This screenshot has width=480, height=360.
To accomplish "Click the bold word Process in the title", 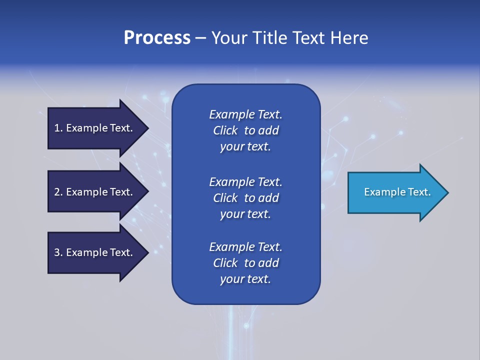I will click(x=157, y=38).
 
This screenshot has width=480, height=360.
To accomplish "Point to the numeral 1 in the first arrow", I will click(x=57, y=128).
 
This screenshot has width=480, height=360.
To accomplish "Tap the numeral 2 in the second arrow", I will click(x=57, y=192).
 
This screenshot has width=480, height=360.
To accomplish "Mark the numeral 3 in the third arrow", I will click(x=57, y=252).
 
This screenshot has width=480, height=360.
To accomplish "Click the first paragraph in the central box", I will click(x=245, y=130).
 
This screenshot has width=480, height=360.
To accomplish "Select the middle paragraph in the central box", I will click(x=245, y=198).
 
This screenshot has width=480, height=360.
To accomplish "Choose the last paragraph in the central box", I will click(x=245, y=263).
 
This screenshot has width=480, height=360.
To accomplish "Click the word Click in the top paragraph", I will click(x=225, y=130).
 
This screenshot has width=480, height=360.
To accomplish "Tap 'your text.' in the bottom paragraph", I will click(x=245, y=279).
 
